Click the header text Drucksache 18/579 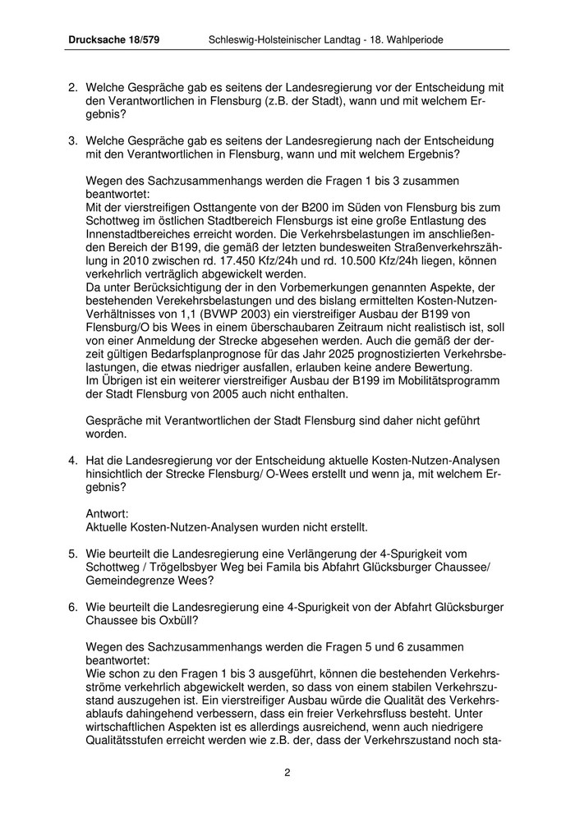click(113, 40)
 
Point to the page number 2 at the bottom click(287, 773)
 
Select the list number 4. click(72, 462)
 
